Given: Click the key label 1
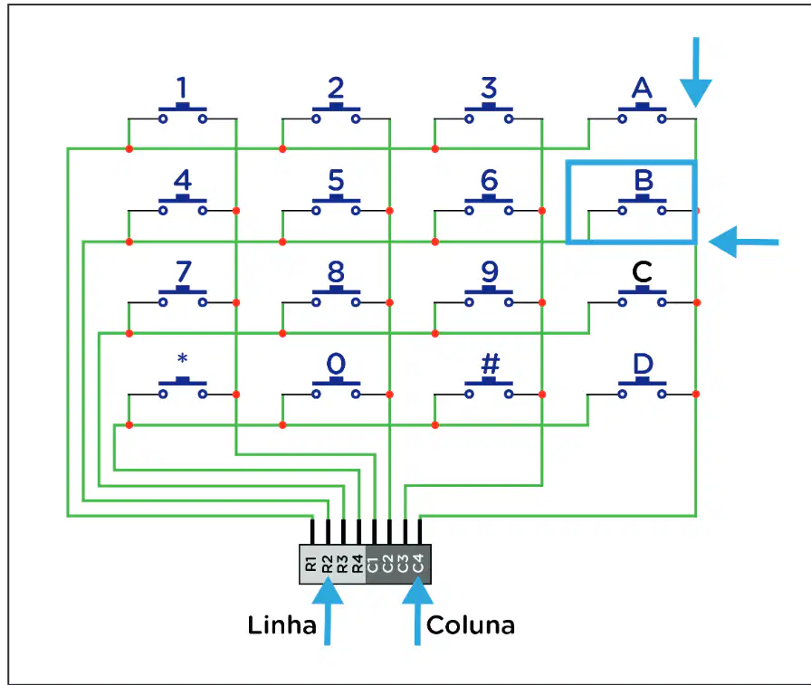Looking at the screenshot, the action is click(x=182, y=88).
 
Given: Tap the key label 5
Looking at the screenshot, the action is click(x=336, y=180).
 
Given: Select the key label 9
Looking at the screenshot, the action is click(x=490, y=272).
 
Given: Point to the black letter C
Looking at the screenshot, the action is click(x=642, y=272).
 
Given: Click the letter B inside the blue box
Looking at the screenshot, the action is click(x=644, y=180).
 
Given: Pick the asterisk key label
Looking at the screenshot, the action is click(x=182, y=357).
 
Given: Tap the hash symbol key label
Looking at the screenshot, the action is click(x=490, y=364).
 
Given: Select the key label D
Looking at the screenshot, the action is click(x=643, y=364).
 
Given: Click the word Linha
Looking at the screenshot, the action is click(x=281, y=625).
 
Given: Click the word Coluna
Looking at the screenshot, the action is click(x=470, y=625).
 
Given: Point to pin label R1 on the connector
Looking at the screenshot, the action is click(x=310, y=564).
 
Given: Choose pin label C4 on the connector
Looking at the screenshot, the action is click(x=418, y=563).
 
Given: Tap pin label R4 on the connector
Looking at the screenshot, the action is click(x=358, y=564).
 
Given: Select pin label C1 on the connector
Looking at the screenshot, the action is click(x=372, y=564).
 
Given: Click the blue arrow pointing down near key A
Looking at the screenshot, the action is click(x=696, y=72).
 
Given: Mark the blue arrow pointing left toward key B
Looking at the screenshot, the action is click(x=743, y=242).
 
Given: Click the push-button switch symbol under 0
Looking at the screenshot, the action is click(x=336, y=388).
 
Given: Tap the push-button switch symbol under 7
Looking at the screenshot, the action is click(x=183, y=297).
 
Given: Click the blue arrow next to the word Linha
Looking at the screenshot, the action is click(x=328, y=611).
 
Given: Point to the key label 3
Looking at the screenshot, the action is click(x=489, y=88).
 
